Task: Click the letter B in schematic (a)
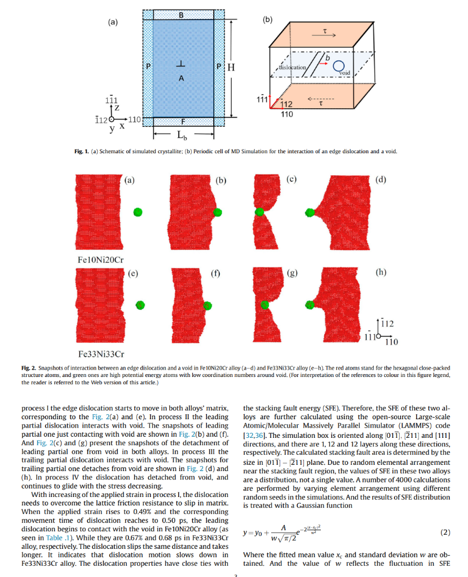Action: click(x=181, y=15)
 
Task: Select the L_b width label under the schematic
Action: click(x=183, y=136)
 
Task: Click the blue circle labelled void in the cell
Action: click(x=338, y=66)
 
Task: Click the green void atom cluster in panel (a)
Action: click(x=138, y=212)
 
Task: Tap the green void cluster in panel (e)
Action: click(x=140, y=304)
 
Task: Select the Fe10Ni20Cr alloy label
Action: click(x=100, y=259)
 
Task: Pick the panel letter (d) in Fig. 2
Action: click(x=381, y=180)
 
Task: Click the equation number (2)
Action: click(x=444, y=532)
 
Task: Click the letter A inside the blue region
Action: click(x=181, y=78)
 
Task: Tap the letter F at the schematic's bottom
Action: click(x=182, y=122)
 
